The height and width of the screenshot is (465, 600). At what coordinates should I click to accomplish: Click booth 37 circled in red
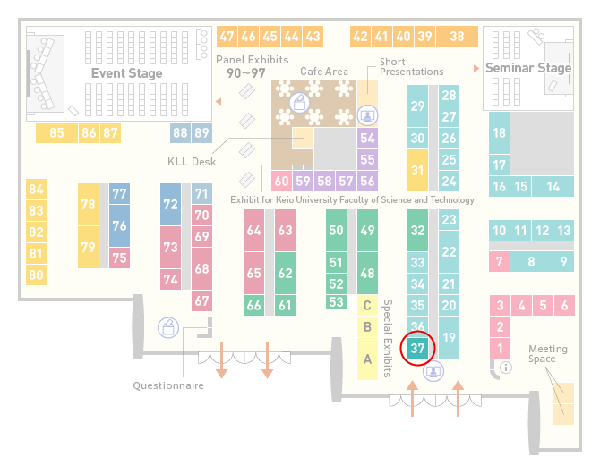point(417,348)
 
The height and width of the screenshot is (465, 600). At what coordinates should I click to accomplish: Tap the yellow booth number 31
point(417,170)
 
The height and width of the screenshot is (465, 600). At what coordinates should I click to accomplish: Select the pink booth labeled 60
point(281,181)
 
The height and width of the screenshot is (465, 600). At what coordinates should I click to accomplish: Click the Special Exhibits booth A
point(367,359)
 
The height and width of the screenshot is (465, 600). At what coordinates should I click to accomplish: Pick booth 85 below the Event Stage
point(56,132)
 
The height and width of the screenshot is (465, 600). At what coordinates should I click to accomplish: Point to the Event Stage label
point(126,73)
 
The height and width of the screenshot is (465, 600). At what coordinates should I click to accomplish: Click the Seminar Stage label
point(528,68)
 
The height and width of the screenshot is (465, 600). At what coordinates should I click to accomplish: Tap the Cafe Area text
point(324,72)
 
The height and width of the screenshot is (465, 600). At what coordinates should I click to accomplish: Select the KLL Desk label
point(192,162)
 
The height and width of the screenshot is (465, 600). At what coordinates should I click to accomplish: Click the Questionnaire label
point(168,385)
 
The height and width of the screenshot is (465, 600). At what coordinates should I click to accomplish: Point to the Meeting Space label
point(548,353)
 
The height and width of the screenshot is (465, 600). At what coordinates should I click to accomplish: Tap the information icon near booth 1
point(506,368)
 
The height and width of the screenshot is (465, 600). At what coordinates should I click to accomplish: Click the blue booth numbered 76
point(119,225)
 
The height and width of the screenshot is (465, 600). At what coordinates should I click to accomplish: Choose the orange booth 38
point(458,37)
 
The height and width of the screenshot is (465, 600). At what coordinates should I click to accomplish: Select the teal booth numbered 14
point(553,187)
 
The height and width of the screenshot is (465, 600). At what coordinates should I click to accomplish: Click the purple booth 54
point(367,138)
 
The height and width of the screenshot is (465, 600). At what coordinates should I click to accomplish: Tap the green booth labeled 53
point(337,302)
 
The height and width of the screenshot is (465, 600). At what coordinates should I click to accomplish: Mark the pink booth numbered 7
point(500,262)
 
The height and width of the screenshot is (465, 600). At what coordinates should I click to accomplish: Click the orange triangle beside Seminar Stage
point(476,68)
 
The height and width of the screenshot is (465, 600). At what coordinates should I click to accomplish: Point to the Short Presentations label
point(411,67)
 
